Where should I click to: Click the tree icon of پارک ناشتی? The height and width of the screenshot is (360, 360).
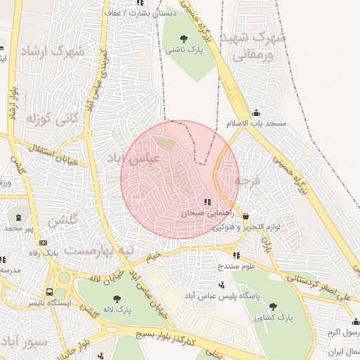(184, 39)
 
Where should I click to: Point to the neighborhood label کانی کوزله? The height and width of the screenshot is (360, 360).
(50, 119)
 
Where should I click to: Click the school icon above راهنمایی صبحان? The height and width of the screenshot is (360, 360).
(207, 202)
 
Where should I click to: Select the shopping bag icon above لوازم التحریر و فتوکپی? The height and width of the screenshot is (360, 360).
(245, 217)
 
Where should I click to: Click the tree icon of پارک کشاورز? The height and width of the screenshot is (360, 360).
(273, 307)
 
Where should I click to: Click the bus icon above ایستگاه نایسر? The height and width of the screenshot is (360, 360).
(49, 292)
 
